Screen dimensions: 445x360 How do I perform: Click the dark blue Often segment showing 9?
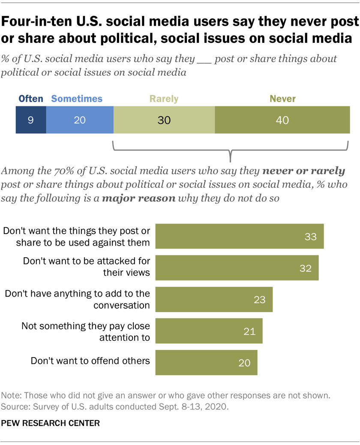coord(30,120)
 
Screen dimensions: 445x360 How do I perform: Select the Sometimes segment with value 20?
coord(80,120)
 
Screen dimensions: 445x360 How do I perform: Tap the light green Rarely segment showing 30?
coord(164,120)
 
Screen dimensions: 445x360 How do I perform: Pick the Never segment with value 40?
coord(282,120)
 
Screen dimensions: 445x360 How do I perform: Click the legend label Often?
coord(30,99)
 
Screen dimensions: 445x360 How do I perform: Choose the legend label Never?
coord(282,99)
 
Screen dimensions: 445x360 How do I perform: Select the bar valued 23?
coord(213,300)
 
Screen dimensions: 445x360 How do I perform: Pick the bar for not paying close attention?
coord(208,331)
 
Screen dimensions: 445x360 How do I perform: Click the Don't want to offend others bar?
coord(206,363)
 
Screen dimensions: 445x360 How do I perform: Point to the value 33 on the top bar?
coord(310,236)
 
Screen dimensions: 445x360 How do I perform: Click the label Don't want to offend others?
coord(90,360)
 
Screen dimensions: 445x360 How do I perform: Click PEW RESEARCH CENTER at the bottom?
coord(51,423)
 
